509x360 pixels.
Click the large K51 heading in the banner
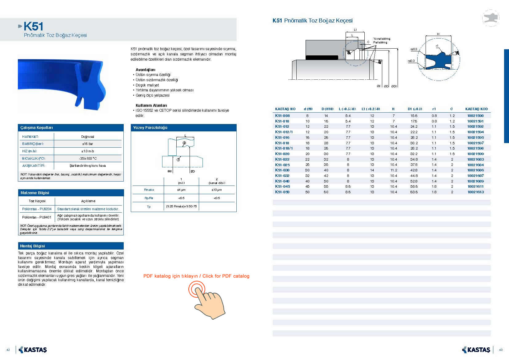pos(33,26)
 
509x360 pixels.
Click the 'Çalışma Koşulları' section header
pos(37,128)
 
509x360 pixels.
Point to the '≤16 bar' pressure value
pos(88,144)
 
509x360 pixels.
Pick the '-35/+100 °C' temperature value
pos(88,158)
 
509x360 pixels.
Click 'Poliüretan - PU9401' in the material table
pos(37,217)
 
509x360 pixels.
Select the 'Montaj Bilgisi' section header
pos(33,246)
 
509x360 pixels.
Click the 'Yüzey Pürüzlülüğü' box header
pos(150,128)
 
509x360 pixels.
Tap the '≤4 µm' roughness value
pos(181,190)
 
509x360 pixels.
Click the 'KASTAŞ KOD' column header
pos(476,109)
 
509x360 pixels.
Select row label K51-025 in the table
pos(282,165)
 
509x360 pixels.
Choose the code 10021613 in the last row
pos(475,192)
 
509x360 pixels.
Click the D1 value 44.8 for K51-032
pos(414,176)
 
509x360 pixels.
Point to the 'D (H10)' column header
pos(327,109)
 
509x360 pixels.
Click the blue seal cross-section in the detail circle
pos(438,60)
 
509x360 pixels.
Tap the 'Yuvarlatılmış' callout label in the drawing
pos(382,39)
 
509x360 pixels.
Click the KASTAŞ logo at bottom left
pos(33,350)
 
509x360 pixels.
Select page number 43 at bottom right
pos(501,350)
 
